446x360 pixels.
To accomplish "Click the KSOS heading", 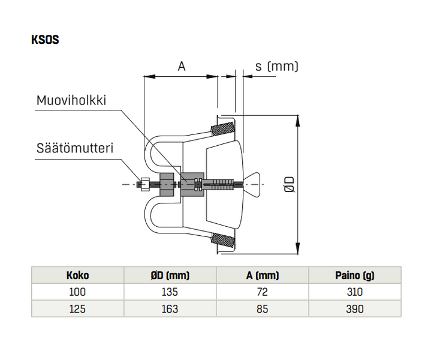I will (44, 41).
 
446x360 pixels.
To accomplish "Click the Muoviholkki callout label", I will (71, 100).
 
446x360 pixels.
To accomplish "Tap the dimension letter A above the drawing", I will (182, 67).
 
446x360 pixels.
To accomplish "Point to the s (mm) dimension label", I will (276, 66).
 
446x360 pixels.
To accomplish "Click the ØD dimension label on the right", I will (290, 184).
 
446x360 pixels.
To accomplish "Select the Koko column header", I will (77, 275).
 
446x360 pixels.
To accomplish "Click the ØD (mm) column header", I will (170, 275).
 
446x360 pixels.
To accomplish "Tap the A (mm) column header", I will (263, 275).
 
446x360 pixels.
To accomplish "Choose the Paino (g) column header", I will (355, 275).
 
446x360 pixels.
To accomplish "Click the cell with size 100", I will (77, 292).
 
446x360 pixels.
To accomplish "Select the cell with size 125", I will (77, 309).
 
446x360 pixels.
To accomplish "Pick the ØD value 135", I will (170, 292).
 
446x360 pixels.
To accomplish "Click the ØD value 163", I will (170, 309).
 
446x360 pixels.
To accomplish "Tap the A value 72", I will (263, 292).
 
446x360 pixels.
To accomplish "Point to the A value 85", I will (263, 309).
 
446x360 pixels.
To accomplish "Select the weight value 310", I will (355, 292).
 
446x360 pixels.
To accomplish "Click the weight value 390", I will (355, 309).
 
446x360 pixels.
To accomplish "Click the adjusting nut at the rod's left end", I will (143, 184).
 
